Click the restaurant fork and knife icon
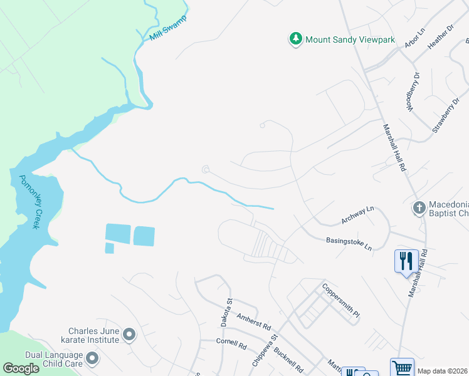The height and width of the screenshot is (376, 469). (406, 260)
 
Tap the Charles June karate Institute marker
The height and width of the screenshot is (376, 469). (130, 335)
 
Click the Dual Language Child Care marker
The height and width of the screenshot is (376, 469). (93, 359)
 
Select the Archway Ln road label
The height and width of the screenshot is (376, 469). (357, 214)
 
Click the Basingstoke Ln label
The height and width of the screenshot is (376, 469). (349, 244)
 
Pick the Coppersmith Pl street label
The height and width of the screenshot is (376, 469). (341, 301)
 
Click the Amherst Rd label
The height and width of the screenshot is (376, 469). (254, 322)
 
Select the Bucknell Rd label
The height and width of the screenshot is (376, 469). (289, 358)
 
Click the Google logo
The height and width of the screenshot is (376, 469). (20, 368)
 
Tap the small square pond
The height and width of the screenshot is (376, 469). (110, 248)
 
